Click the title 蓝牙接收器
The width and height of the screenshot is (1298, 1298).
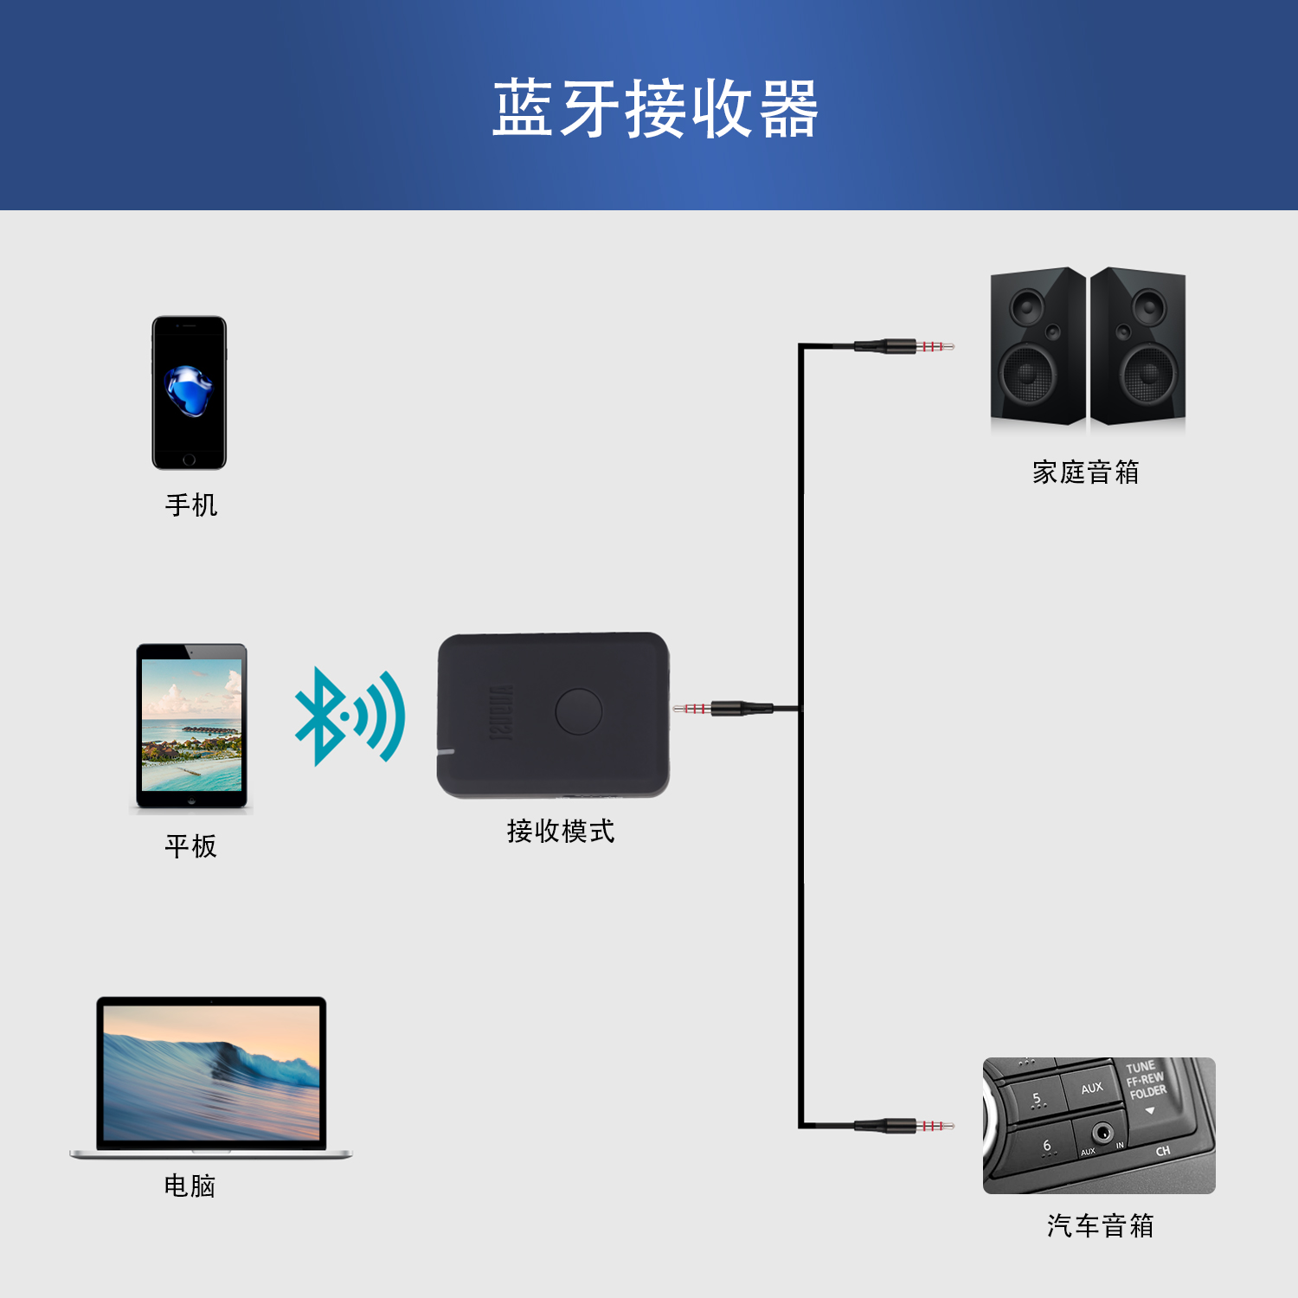[655, 108]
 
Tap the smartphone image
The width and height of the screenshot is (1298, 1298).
[189, 393]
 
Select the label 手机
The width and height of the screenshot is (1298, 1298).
[191, 504]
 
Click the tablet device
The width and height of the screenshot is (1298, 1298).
[191, 727]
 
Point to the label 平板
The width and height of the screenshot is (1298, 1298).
[191, 845]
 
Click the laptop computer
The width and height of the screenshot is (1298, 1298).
[211, 1077]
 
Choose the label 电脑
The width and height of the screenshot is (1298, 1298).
[190, 1186]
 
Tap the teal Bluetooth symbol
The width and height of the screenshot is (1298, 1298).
[350, 716]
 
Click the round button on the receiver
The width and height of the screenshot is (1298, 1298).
[579, 711]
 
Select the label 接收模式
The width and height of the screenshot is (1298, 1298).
[561, 831]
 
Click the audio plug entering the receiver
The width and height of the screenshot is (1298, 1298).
[723, 709]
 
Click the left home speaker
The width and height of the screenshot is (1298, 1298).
[1038, 346]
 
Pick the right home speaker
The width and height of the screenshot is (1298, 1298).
[1138, 346]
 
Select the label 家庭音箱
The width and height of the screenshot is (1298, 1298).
[1086, 472]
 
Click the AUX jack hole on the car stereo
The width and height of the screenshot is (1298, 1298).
[1102, 1132]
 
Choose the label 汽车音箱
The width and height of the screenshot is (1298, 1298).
[1101, 1225]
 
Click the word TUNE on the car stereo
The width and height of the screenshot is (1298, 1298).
[1141, 1067]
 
